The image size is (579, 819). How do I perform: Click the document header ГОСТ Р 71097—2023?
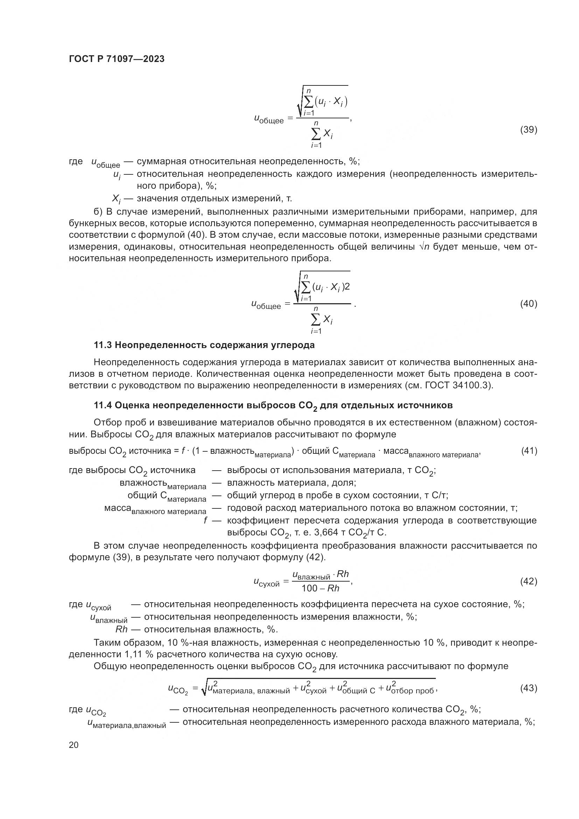point(117,59)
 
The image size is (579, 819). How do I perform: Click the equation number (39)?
point(528,130)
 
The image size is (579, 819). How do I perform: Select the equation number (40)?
point(528,304)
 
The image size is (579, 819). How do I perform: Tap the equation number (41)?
point(529,451)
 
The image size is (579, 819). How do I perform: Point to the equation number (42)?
point(528,582)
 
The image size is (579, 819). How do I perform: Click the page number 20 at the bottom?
point(74,745)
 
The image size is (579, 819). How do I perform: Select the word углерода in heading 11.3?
point(293,345)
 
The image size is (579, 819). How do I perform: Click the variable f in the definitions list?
point(205,520)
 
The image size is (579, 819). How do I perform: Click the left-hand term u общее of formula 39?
point(269,119)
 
